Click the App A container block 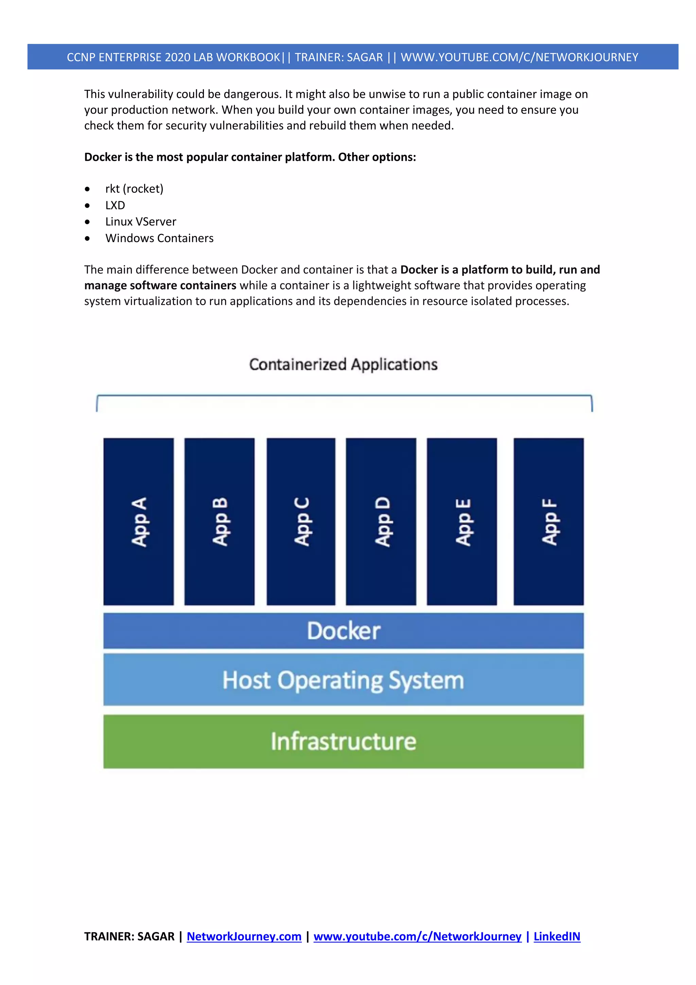coord(139,521)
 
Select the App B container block coord(220,521)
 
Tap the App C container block coord(301,521)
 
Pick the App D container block coord(381,521)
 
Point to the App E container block coord(462,521)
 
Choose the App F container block coord(549,521)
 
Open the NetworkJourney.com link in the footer coord(244,936)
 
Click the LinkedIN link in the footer coord(557,936)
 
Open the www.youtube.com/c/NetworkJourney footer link coord(417,936)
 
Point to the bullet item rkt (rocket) coord(134,189)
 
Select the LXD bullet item coord(115,205)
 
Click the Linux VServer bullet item coord(141,222)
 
